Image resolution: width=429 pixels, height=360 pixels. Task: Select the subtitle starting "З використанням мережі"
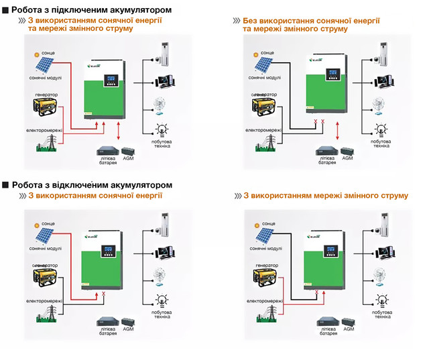326,196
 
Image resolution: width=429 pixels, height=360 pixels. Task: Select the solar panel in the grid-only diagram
260,235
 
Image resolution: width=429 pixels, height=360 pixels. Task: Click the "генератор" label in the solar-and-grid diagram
42,95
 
